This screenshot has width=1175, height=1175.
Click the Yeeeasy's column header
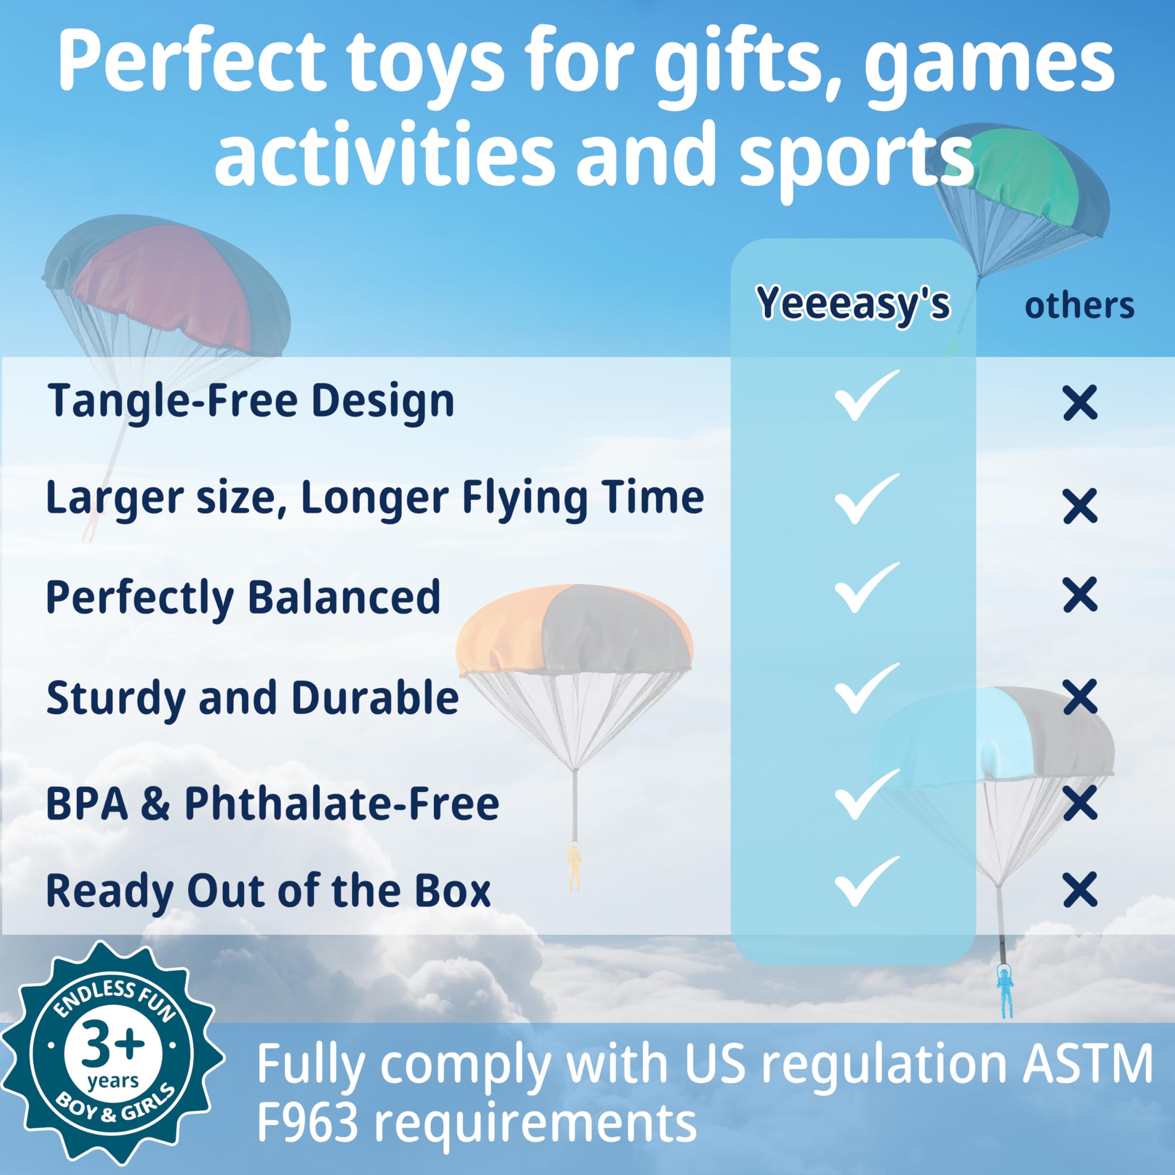pos(853,303)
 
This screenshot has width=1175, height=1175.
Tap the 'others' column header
pos(1080,305)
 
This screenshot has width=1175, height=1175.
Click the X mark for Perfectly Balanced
pos(1080,594)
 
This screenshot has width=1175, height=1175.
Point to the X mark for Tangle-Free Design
pos(1080,402)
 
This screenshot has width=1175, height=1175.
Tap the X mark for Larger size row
pos(1080,505)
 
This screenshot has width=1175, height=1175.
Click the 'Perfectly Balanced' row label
pos(243,598)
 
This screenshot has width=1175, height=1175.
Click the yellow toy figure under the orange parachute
pos(574,866)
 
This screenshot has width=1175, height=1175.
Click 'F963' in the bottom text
pos(308,1123)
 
